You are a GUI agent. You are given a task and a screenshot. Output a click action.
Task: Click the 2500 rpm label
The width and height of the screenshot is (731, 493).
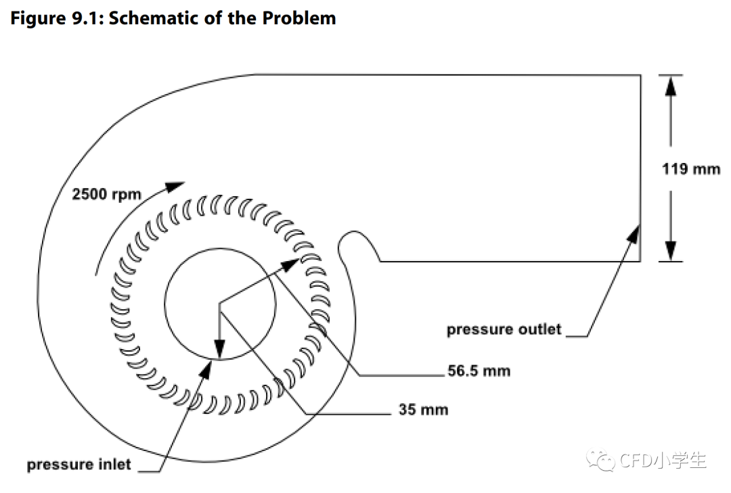[106, 194]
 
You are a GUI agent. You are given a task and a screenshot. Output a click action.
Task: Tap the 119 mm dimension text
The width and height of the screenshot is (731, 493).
[690, 169]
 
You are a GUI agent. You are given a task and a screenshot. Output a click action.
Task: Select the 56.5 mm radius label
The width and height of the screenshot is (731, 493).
[479, 371]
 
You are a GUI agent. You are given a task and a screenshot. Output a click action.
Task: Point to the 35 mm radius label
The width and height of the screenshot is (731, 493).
[423, 409]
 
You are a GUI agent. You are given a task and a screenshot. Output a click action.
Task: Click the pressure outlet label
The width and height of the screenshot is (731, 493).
[504, 329]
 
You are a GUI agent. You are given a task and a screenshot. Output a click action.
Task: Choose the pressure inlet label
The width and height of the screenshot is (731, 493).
[79, 465]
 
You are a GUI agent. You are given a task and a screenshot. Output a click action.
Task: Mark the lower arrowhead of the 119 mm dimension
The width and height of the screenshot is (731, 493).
[670, 250]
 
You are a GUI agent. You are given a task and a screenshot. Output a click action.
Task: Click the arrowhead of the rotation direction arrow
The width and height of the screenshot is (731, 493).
[177, 186]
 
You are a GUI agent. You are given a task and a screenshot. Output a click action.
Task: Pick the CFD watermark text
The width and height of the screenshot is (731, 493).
[663, 461]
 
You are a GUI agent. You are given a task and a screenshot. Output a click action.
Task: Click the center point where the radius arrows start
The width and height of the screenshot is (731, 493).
[219, 304]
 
